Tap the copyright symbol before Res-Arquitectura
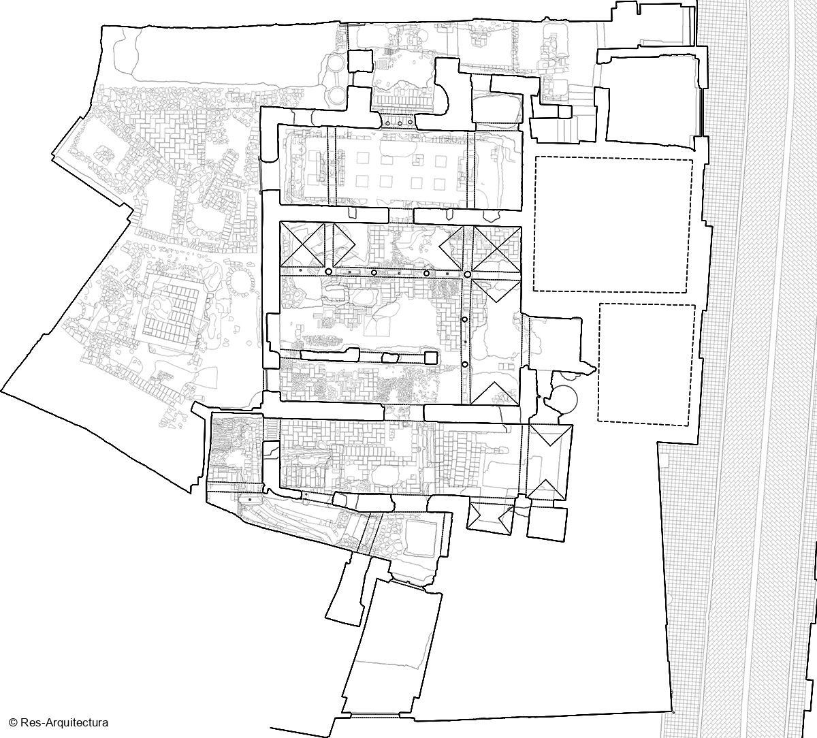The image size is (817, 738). [x=13, y=722]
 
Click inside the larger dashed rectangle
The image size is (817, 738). [x=613, y=225]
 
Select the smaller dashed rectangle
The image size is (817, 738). [x=647, y=365]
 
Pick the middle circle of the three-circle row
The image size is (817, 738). [x=400, y=123]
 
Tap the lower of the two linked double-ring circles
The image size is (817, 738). [x=336, y=95]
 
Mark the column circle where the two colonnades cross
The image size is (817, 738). [x=467, y=274]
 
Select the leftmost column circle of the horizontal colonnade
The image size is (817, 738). [x=328, y=272]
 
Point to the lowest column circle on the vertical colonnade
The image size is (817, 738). [x=465, y=364]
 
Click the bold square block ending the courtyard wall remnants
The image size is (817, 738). [x=430, y=357]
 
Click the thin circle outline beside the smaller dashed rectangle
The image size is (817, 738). [x=564, y=400]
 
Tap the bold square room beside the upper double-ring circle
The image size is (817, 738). [x=360, y=61]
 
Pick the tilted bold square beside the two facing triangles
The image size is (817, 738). [x=546, y=524]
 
